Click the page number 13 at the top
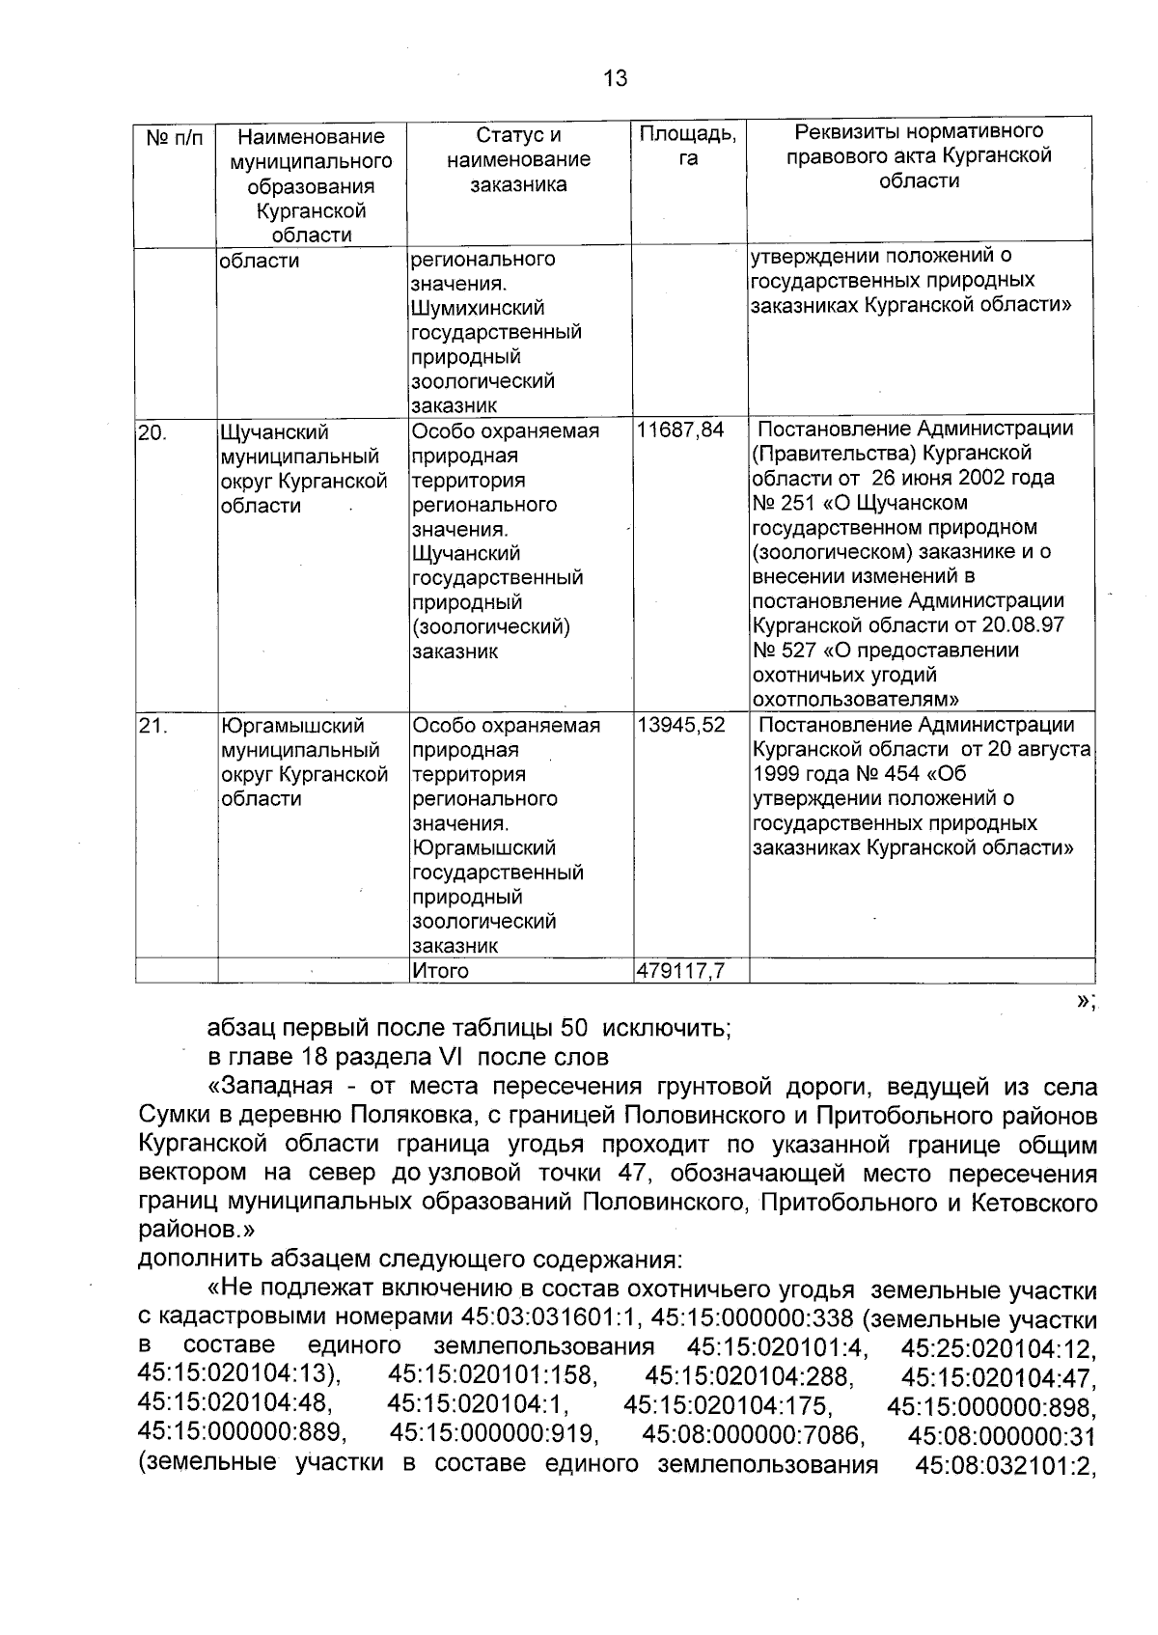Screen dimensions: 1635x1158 point(615,78)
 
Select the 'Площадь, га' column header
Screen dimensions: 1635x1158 point(688,146)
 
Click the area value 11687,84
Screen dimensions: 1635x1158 point(680,430)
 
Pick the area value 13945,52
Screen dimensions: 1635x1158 point(680,725)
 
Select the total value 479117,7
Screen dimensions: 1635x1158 point(680,971)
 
